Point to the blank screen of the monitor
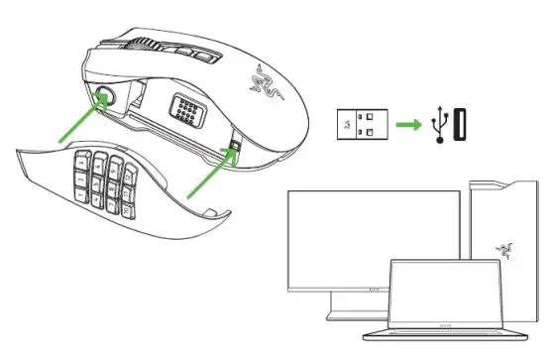372,233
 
